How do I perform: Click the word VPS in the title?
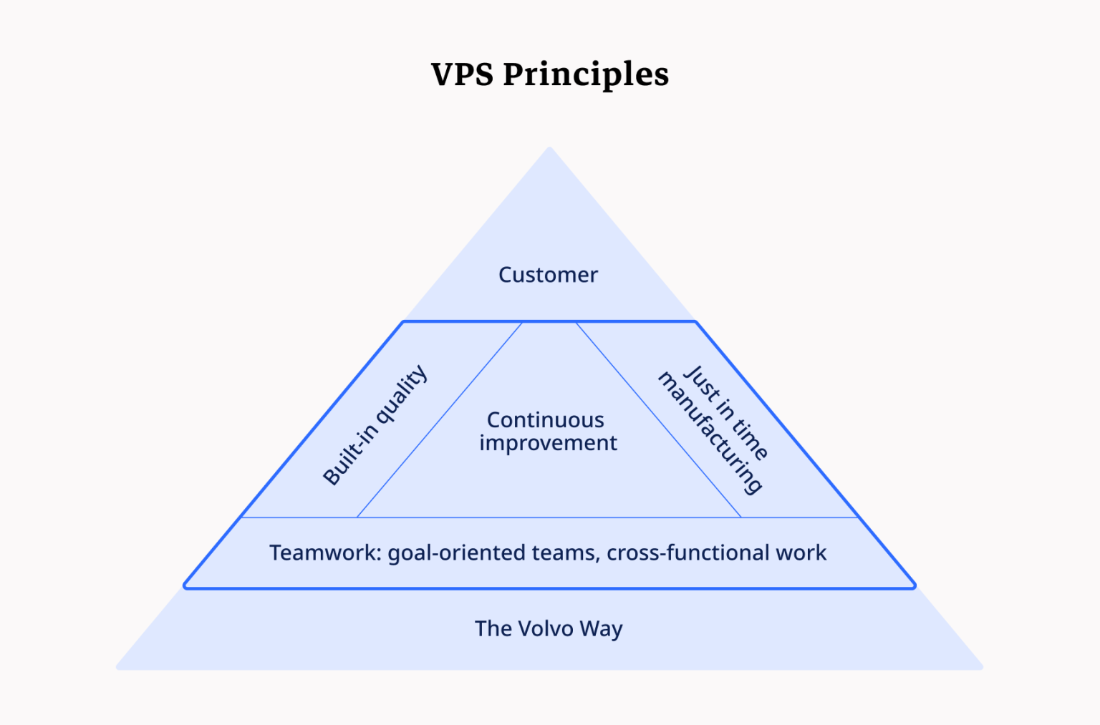pyautogui.click(x=462, y=74)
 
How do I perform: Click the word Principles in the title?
pyautogui.click(x=586, y=74)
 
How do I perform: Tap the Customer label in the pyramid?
pyautogui.click(x=548, y=275)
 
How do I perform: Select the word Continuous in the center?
pyautogui.click(x=546, y=420)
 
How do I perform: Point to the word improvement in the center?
pyautogui.click(x=548, y=444)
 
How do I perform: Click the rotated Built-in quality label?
pyautogui.click(x=375, y=425)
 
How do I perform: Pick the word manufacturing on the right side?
pyautogui.click(x=710, y=434)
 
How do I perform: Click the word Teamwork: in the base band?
pyautogui.click(x=325, y=553)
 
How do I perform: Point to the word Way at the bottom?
pyautogui.click(x=601, y=629)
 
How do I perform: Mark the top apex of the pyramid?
pyautogui.click(x=549, y=149)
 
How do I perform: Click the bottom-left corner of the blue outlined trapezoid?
pyautogui.click(x=185, y=587)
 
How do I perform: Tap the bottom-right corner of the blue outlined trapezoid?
pyautogui.click(x=914, y=587)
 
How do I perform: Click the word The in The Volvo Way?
pyautogui.click(x=492, y=628)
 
